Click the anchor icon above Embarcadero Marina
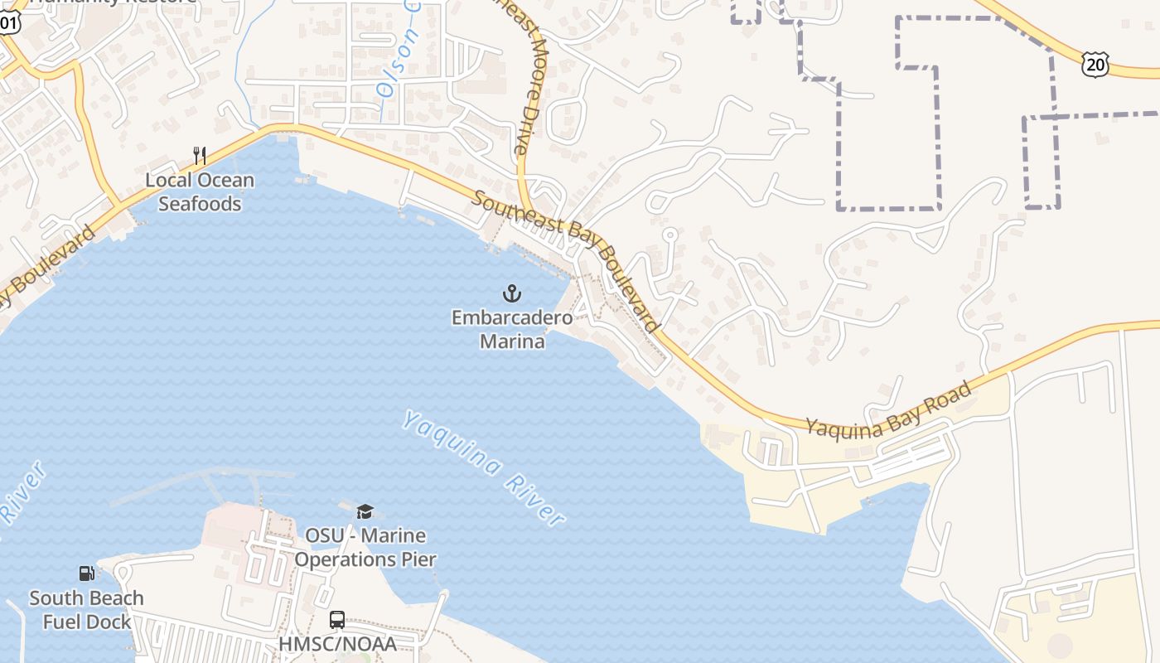[x=512, y=293]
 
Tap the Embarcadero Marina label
[x=512, y=329]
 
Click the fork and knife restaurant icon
[x=199, y=155]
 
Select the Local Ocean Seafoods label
[x=200, y=191]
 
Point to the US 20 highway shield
[x=1095, y=65]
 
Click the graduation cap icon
[x=365, y=511]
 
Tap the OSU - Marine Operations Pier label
[x=365, y=547]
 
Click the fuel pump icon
[x=86, y=573]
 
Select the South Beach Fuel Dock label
[x=86, y=609]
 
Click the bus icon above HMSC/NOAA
[x=337, y=619]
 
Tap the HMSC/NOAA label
[x=337, y=644]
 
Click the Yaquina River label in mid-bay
[x=483, y=467]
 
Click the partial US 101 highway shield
[x=7, y=22]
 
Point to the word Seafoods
[x=200, y=203]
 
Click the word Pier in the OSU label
[x=417, y=559]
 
